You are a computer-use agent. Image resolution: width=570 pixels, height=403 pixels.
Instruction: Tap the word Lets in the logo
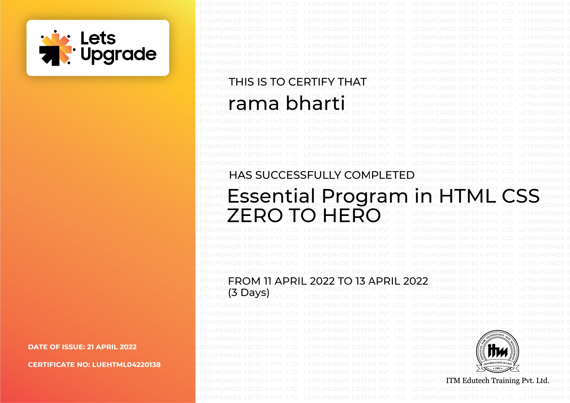click(98, 38)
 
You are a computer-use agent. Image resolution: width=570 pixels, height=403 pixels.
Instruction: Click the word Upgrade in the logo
click(119, 55)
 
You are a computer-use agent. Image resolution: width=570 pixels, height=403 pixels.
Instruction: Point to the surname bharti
click(315, 103)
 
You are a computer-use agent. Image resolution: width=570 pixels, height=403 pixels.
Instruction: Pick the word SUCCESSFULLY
click(298, 175)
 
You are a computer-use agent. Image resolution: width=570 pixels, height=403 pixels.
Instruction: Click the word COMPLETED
click(379, 175)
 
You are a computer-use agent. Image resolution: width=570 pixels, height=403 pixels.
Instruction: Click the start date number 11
click(267, 281)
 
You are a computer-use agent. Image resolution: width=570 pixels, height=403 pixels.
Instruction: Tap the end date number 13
click(360, 281)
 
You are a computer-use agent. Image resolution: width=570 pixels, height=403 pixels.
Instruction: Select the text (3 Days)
click(249, 293)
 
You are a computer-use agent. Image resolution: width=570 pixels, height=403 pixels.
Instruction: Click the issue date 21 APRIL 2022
click(112, 347)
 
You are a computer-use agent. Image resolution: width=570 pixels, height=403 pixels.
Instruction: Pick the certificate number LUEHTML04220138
click(126, 365)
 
